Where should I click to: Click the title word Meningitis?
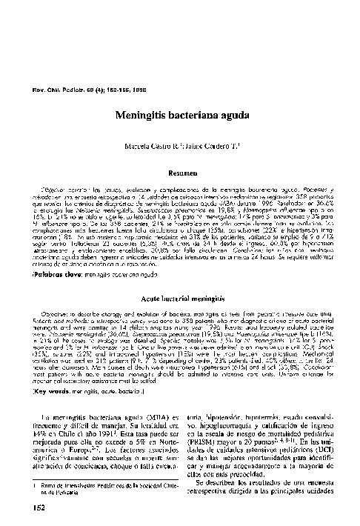(x=141, y=116)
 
